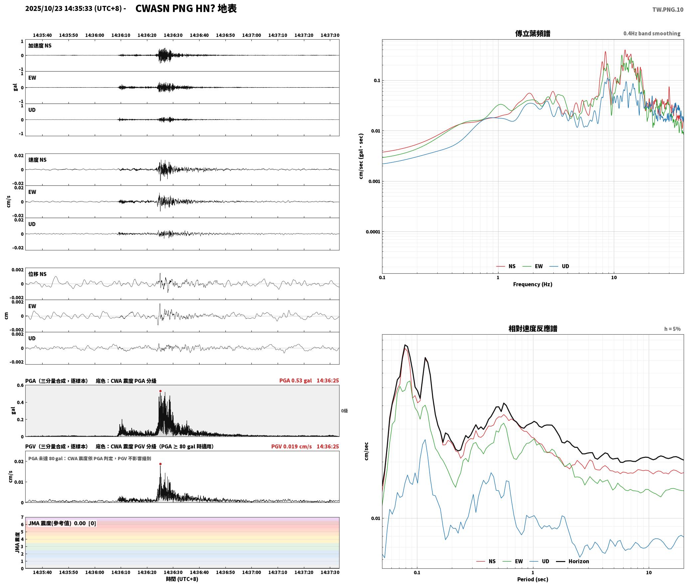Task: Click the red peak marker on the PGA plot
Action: [x=160, y=391]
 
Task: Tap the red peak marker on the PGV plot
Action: [x=160, y=464]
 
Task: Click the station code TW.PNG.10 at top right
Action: [x=668, y=10]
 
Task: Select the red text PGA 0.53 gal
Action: [x=295, y=381]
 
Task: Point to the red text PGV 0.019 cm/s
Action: [x=291, y=446]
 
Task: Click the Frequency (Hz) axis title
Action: [x=533, y=284]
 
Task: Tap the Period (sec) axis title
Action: [x=533, y=579]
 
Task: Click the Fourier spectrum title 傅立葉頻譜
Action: [x=533, y=33]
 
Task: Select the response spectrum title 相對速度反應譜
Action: [x=533, y=329]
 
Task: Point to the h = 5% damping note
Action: [x=672, y=329]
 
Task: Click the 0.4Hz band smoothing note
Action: [x=652, y=34]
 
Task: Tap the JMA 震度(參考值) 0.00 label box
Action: [x=62, y=523]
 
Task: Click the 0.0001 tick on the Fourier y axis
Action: [x=373, y=232]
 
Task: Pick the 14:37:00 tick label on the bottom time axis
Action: [x=251, y=572]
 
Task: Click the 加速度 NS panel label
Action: [x=40, y=46]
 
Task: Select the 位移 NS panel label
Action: [x=38, y=274]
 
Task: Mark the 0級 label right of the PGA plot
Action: [x=344, y=411]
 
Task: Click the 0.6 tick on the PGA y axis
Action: [x=20, y=386]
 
